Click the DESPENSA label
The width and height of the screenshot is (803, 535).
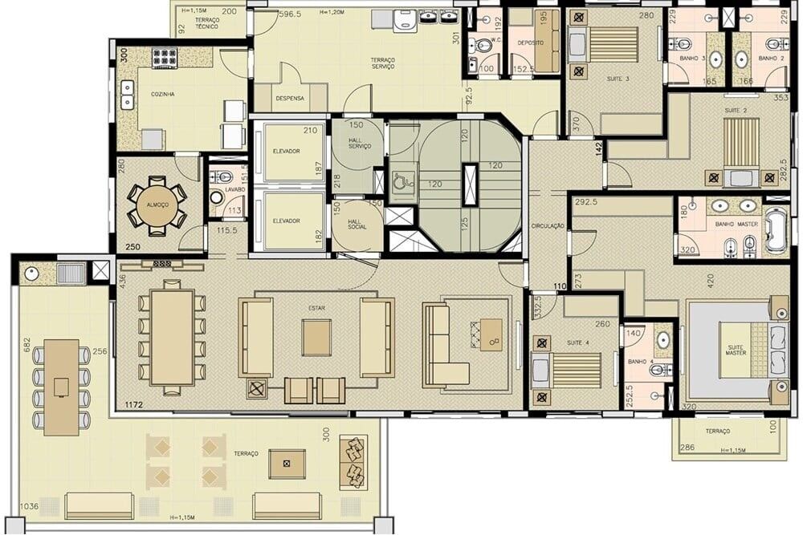click(289, 99)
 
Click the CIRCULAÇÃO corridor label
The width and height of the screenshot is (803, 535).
click(548, 227)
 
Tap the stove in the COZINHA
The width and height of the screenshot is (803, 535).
click(164, 57)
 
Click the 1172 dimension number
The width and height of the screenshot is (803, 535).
click(133, 406)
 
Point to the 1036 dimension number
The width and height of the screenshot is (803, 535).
click(29, 506)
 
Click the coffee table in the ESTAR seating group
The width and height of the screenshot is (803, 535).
click(316, 338)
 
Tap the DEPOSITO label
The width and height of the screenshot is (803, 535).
click(530, 42)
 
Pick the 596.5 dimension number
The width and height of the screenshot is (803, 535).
click(290, 14)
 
